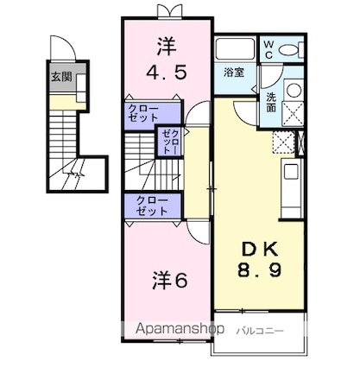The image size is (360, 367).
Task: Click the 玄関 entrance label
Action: click(61, 77)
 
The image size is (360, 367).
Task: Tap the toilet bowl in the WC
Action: click(288, 50)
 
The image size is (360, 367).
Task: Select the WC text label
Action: click(268, 49)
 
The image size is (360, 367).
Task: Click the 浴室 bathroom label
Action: click(234, 73)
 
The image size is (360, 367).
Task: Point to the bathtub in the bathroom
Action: click(235, 49)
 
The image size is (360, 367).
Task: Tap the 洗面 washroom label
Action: click(271, 102)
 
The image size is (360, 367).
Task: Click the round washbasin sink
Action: click(294, 90)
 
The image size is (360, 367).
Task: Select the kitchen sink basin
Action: click(291, 172)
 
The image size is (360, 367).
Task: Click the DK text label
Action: click(260, 249)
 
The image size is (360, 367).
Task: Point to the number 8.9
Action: click(259, 270)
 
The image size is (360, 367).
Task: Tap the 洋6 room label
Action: click(170, 280)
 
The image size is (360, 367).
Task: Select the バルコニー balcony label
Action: click(260, 331)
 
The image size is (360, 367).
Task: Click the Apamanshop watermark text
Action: click(180, 328)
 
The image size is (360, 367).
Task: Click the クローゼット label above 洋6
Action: click(152, 206)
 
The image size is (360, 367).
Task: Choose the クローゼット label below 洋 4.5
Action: click(143, 112)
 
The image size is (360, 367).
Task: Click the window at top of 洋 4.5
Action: click(170, 11)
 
